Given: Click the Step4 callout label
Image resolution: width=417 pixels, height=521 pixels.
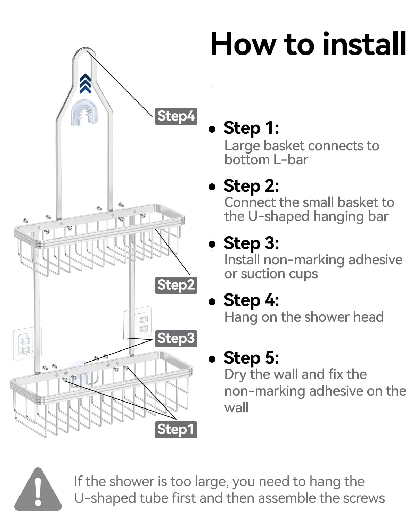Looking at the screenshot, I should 176,116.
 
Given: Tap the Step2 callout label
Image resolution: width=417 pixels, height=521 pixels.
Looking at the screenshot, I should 176,285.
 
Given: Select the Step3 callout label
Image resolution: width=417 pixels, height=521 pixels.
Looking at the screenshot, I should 176,339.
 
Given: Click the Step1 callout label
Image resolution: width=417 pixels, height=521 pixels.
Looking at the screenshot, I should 176,430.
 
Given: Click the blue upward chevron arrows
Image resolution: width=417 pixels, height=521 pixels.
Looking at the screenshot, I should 85,83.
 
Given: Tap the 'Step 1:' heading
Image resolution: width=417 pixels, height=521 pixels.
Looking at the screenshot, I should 251,128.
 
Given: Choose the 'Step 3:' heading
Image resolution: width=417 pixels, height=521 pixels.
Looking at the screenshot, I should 251,243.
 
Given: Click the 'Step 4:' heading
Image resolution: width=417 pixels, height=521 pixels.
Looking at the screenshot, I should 251,300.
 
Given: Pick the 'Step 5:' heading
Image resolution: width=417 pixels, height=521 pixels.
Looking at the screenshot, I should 251,357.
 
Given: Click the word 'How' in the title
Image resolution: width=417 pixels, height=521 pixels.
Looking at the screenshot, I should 242,44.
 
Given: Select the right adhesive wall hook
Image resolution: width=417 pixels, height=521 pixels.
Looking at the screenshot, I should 138,323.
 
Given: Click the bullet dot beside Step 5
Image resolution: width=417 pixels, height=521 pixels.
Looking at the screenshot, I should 212,359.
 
